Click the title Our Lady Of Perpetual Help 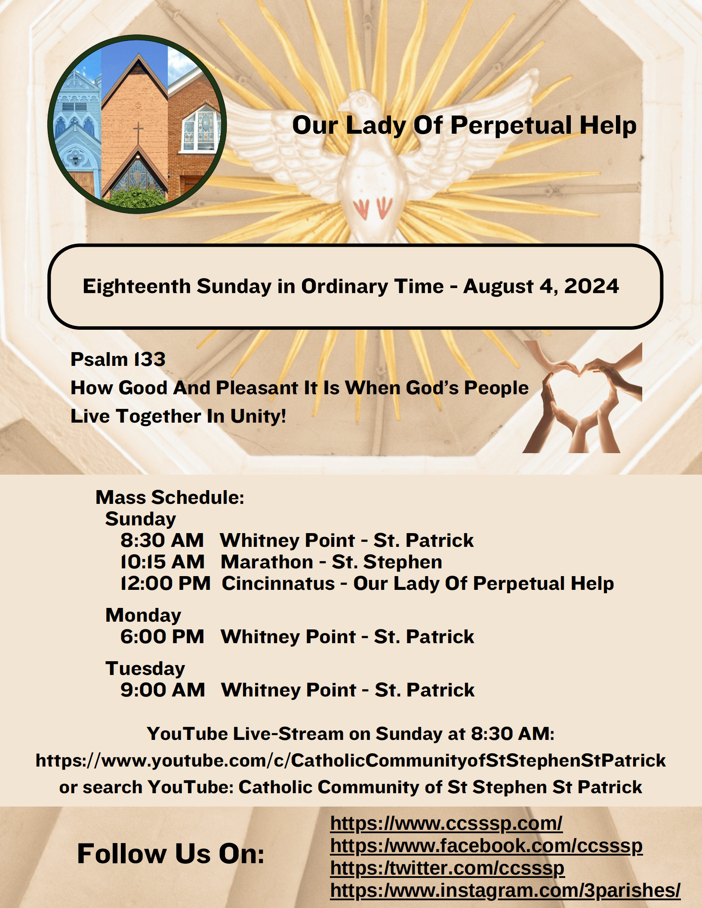pos(464,126)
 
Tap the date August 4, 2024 pos(541,286)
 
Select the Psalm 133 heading pos(118,359)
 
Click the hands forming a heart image pos(582,397)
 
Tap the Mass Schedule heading pos(170,497)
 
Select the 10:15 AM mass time pos(163,562)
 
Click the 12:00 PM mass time pos(166,583)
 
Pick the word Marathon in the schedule pos(267,562)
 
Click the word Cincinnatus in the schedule pos(278,583)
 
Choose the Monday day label pos(143,616)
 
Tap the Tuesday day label pos(145,669)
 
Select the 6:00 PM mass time pos(162,637)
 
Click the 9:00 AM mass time pos(163,690)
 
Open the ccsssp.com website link pos(446,824)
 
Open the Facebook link pos(486,846)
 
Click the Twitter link pos(447,868)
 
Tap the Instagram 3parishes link pos(505,890)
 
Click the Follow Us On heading pos(171,853)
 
